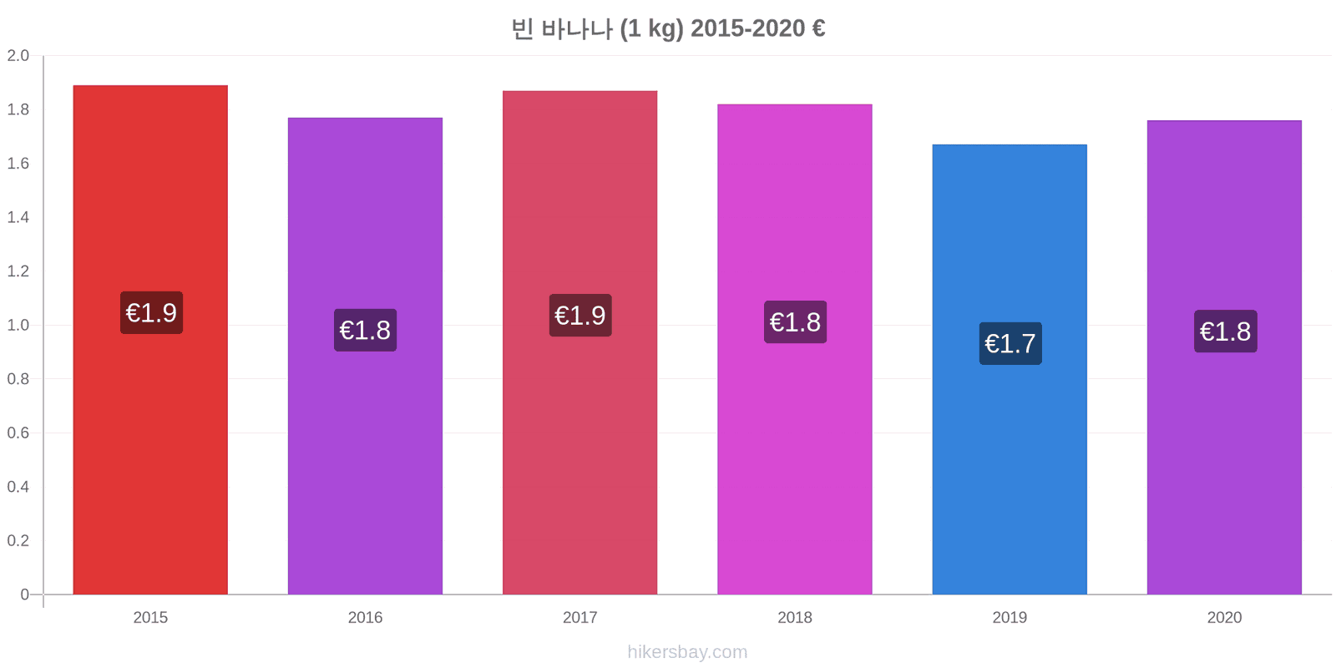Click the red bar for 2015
click(150, 339)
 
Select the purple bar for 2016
click(365, 356)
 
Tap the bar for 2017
click(579, 342)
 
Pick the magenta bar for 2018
click(794, 349)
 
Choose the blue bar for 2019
click(1010, 369)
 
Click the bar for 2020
click(1224, 357)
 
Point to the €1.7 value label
click(1010, 343)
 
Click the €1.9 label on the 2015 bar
click(151, 312)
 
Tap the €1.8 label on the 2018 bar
click(795, 322)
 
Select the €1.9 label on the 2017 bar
click(580, 315)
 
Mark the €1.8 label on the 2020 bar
click(1226, 331)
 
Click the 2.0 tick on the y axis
click(18, 55)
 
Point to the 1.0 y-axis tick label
click(18, 325)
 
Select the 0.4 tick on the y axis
click(18, 487)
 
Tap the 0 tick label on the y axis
click(24, 594)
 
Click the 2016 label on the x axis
click(365, 617)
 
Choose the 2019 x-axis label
click(1010, 617)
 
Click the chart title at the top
click(668, 28)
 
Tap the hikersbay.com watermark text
click(687, 652)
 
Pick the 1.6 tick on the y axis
click(18, 164)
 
